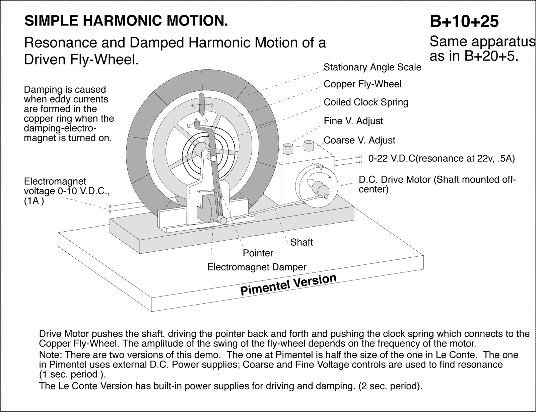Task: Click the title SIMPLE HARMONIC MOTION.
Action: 126,21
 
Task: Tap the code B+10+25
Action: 464,21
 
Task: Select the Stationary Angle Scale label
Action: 372,67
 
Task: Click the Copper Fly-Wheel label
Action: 362,84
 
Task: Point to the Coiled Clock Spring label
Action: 366,102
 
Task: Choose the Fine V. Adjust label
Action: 353,121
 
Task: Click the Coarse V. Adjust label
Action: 359,140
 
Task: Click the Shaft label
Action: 301,242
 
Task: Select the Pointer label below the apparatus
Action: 258,253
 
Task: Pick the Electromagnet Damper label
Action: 257,267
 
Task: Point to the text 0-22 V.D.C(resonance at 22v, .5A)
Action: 441,159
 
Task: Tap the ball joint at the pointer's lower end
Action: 222,220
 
